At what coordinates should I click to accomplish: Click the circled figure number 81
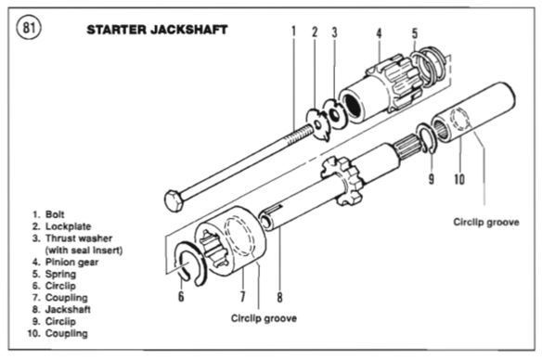pyautogui.click(x=29, y=28)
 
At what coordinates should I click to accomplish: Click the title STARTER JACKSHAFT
pyautogui.click(x=157, y=30)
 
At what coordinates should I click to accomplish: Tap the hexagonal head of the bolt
pyautogui.click(x=174, y=200)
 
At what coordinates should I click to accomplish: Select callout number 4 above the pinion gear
pyautogui.click(x=380, y=33)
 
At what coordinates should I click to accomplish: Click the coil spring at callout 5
pyautogui.click(x=428, y=65)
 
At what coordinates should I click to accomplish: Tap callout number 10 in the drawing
pyautogui.click(x=459, y=179)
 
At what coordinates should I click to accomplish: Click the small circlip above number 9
pyautogui.click(x=427, y=138)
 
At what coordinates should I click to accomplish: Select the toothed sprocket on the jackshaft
pyautogui.click(x=342, y=180)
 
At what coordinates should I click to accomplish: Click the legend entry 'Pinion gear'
pyautogui.click(x=71, y=263)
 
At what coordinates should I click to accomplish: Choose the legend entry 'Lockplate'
pyautogui.click(x=68, y=226)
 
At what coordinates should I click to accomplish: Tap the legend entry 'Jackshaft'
pyautogui.click(x=68, y=309)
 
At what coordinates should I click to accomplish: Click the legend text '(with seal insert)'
pyautogui.click(x=84, y=251)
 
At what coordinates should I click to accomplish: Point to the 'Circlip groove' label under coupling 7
pyautogui.click(x=264, y=318)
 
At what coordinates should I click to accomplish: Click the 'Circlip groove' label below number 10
pyautogui.click(x=486, y=222)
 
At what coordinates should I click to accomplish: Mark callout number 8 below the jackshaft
pyautogui.click(x=279, y=297)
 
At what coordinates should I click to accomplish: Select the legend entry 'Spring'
pyautogui.click(x=60, y=274)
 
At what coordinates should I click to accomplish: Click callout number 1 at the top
pyautogui.click(x=293, y=32)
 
